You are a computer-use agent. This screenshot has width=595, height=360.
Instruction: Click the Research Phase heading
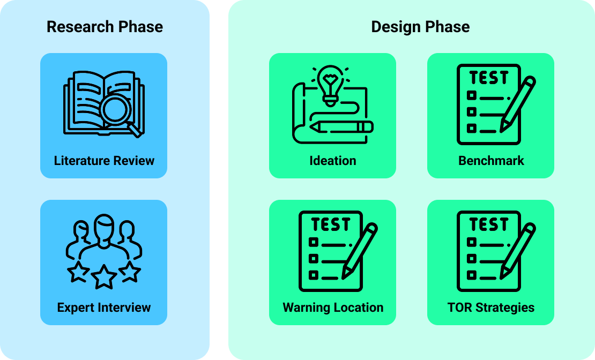(105, 27)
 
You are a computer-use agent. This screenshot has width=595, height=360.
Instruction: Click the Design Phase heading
(420, 27)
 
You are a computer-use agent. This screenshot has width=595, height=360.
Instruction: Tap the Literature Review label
(104, 161)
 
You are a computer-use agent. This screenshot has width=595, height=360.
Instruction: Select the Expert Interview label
(104, 307)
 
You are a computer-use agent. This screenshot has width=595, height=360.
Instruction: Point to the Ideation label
(332, 161)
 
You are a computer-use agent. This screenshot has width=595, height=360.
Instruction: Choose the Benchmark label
(491, 161)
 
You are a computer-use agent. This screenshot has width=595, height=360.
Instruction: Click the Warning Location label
(333, 307)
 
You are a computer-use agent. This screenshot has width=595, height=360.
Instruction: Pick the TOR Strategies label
(491, 307)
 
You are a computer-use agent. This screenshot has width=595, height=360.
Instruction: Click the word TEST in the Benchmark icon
(488, 78)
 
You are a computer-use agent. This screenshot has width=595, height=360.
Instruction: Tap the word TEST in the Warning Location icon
(330, 224)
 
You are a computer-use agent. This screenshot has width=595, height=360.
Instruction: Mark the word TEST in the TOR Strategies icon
(488, 224)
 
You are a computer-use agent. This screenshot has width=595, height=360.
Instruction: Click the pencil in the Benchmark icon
(517, 104)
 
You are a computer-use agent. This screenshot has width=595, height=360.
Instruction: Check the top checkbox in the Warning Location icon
(314, 242)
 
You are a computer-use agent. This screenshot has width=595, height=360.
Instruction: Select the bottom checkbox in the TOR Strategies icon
(472, 275)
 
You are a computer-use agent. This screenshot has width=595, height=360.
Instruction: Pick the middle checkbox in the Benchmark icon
(472, 112)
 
